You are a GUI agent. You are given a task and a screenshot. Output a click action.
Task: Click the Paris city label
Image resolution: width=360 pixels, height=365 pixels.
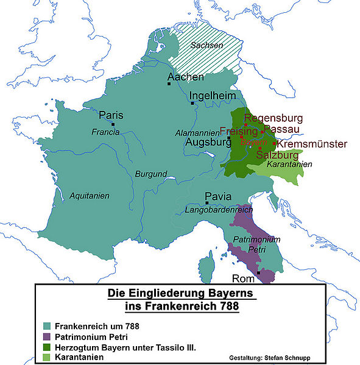tap(111, 115)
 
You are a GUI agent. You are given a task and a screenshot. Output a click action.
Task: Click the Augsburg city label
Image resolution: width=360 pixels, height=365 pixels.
tap(205, 143)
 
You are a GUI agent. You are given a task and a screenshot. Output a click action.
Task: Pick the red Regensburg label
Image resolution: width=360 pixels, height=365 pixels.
tap(272, 118)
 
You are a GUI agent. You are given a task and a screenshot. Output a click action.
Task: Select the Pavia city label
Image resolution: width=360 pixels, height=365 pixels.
tap(217, 197)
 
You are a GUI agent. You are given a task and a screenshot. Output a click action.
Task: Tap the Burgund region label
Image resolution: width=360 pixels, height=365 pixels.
tap(150, 174)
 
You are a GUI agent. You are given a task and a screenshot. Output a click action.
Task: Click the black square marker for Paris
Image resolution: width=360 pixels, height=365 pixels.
tap(113, 125)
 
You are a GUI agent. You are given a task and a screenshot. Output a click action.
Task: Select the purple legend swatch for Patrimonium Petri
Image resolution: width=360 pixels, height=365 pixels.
tap(47, 336)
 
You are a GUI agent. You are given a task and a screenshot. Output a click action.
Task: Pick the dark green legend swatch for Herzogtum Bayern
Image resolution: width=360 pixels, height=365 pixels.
tap(47, 346)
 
